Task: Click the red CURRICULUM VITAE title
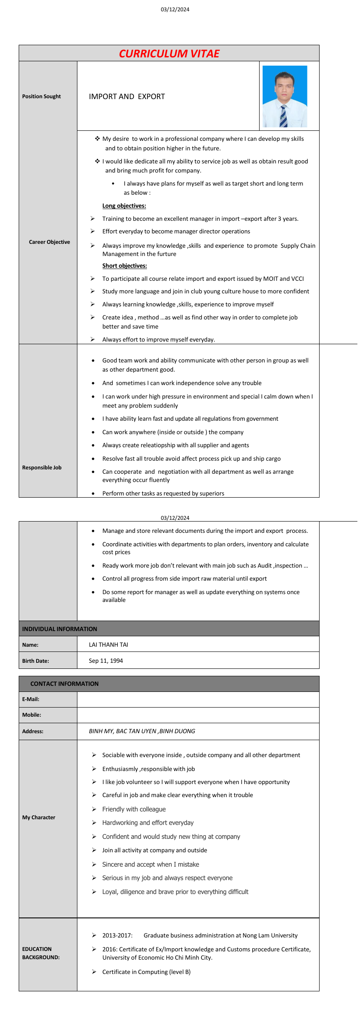[x=169, y=53]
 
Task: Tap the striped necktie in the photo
[x=283, y=116]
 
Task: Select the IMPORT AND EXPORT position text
[x=127, y=96]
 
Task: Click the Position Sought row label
[x=41, y=96]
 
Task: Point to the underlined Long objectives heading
[x=124, y=206]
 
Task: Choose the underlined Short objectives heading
[x=124, y=266]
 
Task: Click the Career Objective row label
[x=49, y=242]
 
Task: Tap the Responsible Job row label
[x=42, y=468]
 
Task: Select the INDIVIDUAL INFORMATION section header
[x=60, y=629]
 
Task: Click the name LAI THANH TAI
[x=108, y=645]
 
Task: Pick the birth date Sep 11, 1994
[x=106, y=661]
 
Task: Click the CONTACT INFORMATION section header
[x=64, y=684]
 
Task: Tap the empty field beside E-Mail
[x=198, y=699]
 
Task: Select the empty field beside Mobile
[x=198, y=715]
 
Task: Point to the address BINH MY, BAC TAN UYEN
[x=142, y=731]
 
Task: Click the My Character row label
[x=39, y=818]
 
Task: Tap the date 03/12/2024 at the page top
[x=175, y=10]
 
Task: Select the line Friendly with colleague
[x=134, y=809]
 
